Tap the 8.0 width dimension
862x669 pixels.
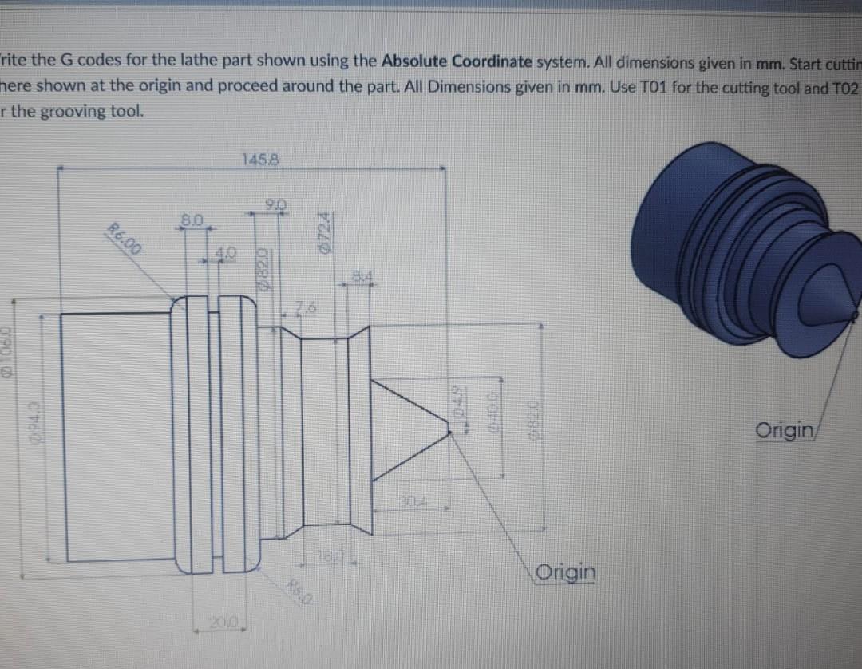195,217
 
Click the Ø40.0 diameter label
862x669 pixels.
493,415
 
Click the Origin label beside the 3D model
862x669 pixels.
785,431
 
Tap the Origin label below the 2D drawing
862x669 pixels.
566,572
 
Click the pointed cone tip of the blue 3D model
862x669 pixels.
856,307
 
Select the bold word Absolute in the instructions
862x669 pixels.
414,61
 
